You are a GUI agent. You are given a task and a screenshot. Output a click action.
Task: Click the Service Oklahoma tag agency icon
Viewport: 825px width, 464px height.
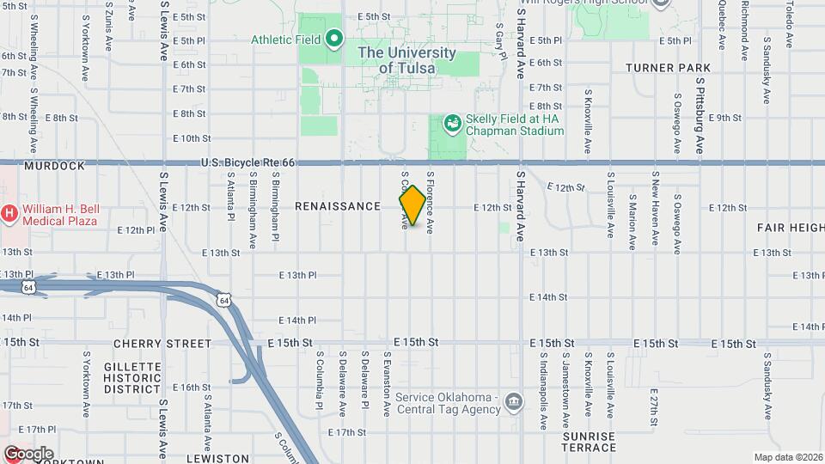pos(514,402)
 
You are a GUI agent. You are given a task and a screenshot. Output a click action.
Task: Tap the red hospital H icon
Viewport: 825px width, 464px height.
pos(9,212)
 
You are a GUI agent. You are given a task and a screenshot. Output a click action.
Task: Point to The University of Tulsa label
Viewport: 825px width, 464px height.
pos(406,60)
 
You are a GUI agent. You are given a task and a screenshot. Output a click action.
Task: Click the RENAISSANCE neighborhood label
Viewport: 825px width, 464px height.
pos(338,206)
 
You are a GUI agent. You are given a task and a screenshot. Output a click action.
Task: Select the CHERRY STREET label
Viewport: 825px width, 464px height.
pos(162,344)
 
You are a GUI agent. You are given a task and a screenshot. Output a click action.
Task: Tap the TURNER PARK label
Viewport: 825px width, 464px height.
pos(668,68)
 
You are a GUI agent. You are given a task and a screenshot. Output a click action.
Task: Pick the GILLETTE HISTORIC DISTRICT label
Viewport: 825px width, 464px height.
pos(132,378)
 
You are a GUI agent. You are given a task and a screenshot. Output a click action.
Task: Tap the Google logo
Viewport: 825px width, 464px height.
pos(28,453)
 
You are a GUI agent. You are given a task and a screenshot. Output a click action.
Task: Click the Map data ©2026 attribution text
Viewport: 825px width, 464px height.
pos(787,457)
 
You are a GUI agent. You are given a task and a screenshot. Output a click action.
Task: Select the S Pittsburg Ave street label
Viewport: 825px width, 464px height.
pos(700,117)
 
